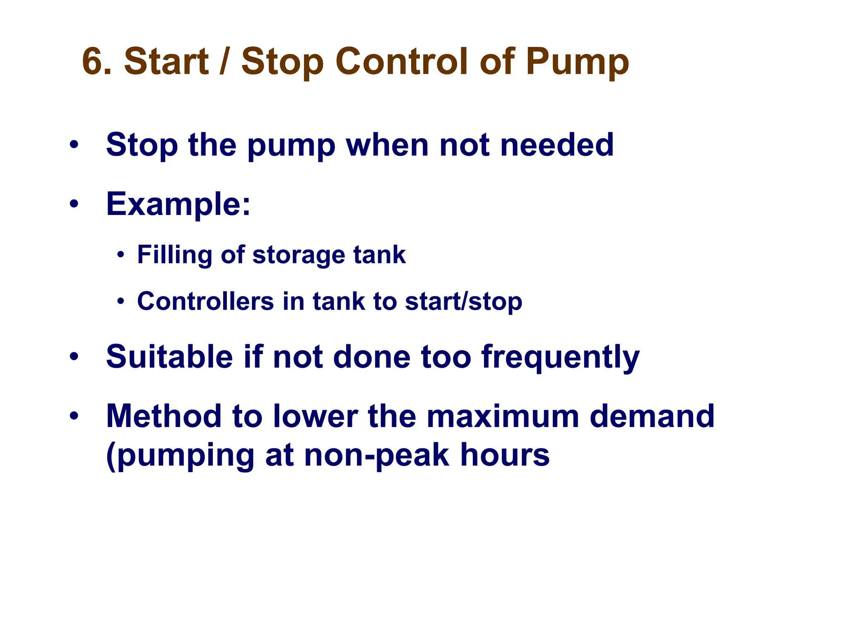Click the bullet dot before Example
click(74, 204)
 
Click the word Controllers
click(205, 301)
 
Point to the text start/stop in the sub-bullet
click(463, 301)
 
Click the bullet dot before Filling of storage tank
click(120, 255)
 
